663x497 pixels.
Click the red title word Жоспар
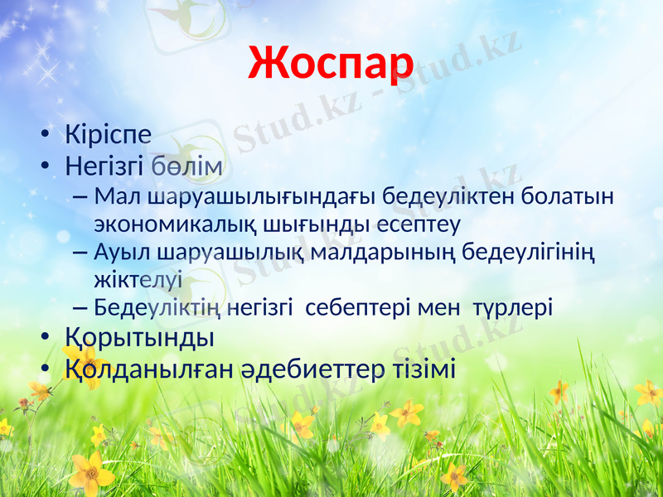(330, 64)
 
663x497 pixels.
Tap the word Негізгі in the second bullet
(106, 167)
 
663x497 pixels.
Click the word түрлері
(513, 308)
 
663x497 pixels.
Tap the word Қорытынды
(140, 338)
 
